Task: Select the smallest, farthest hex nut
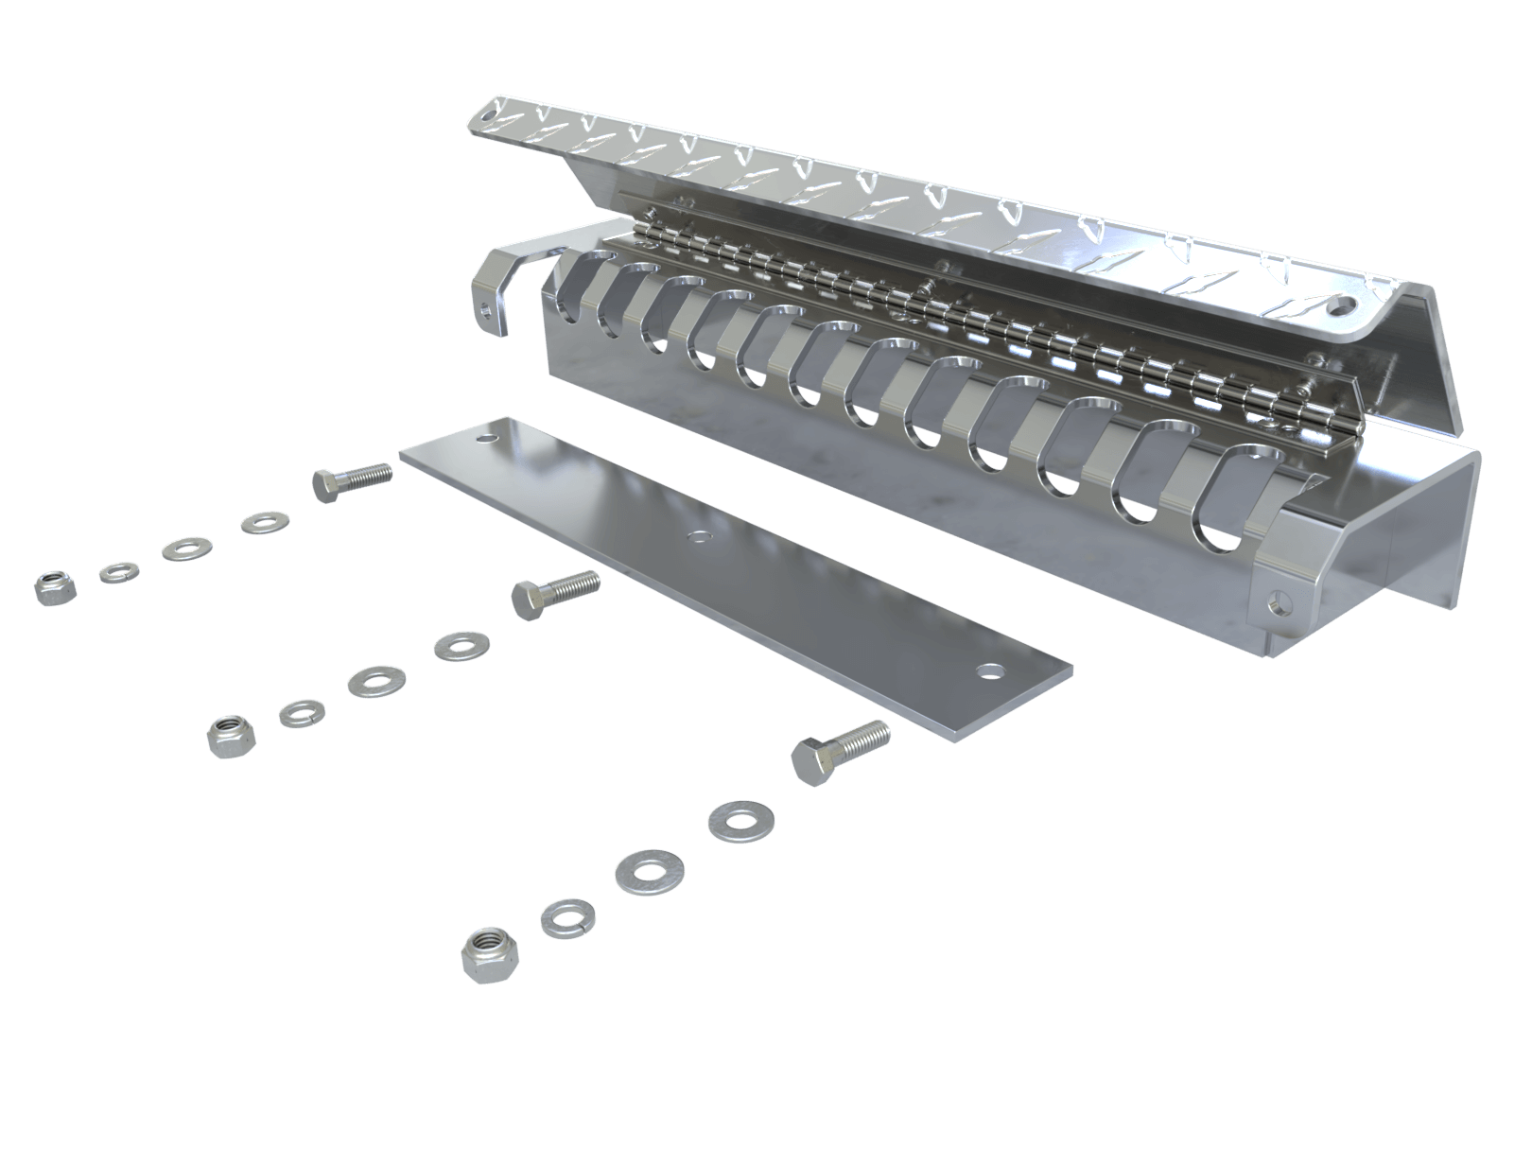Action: [48, 587]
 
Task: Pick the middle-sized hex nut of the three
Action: [229, 735]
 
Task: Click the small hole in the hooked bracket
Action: [486, 305]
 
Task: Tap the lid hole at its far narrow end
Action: [489, 112]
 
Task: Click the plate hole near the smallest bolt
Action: [486, 440]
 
